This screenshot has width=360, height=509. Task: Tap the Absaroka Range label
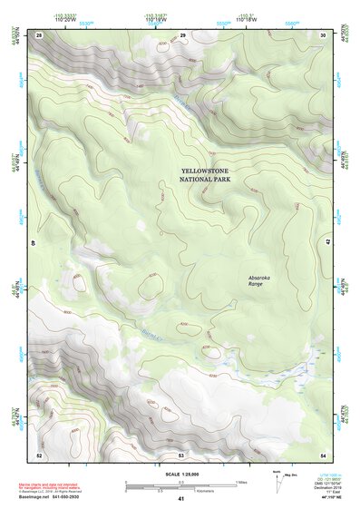click(259, 280)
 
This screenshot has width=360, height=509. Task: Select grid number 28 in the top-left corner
click(38, 34)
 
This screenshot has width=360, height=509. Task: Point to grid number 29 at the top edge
click(182, 34)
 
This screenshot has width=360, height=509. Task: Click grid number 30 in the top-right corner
click(323, 34)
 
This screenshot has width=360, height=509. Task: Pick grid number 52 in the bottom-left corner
click(38, 454)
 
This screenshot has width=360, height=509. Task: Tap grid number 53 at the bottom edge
click(180, 454)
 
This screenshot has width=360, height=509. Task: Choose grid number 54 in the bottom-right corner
click(323, 454)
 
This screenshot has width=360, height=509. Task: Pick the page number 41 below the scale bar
click(180, 500)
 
